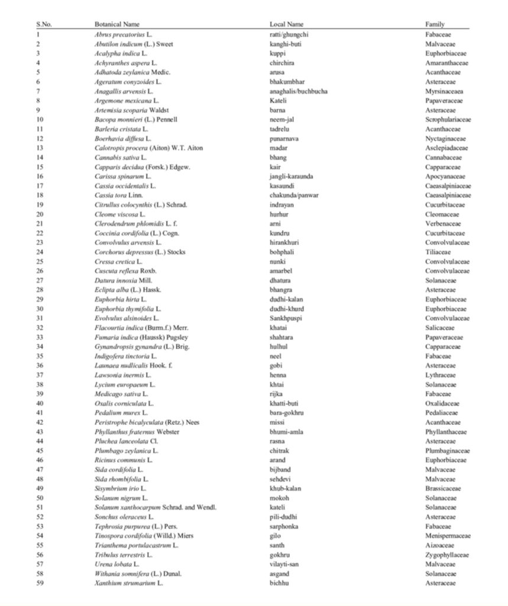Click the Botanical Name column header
(x=117, y=24)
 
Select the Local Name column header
(x=286, y=24)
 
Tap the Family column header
(x=435, y=24)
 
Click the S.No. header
(x=43, y=24)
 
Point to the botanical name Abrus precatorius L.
(x=127, y=34)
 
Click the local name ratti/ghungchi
(x=289, y=34)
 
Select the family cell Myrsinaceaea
(x=444, y=91)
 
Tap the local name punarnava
(x=283, y=138)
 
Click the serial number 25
(x=40, y=262)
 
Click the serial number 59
(x=40, y=584)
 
